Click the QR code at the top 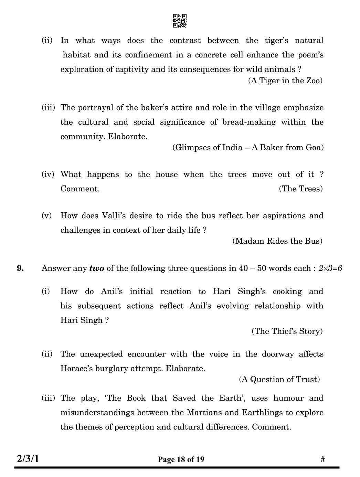pyautogui.click(x=179, y=21)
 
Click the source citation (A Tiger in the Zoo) pyautogui.click(x=285, y=81)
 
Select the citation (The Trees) pyautogui.click(x=300, y=189)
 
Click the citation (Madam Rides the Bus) pyautogui.click(x=277, y=241)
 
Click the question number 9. pyautogui.click(x=21, y=268)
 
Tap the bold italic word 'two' pyautogui.click(x=96, y=268)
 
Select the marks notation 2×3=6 pyautogui.click(x=330, y=268)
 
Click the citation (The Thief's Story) pyautogui.click(x=287, y=331)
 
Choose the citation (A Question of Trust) pyautogui.click(x=279, y=379)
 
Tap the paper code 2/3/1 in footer pyautogui.click(x=28, y=459)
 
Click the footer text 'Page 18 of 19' pyautogui.click(x=181, y=459)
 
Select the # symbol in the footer pyautogui.click(x=322, y=459)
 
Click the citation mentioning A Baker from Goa pyautogui.click(x=248, y=147)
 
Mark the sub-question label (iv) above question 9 pyautogui.click(x=48, y=174)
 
